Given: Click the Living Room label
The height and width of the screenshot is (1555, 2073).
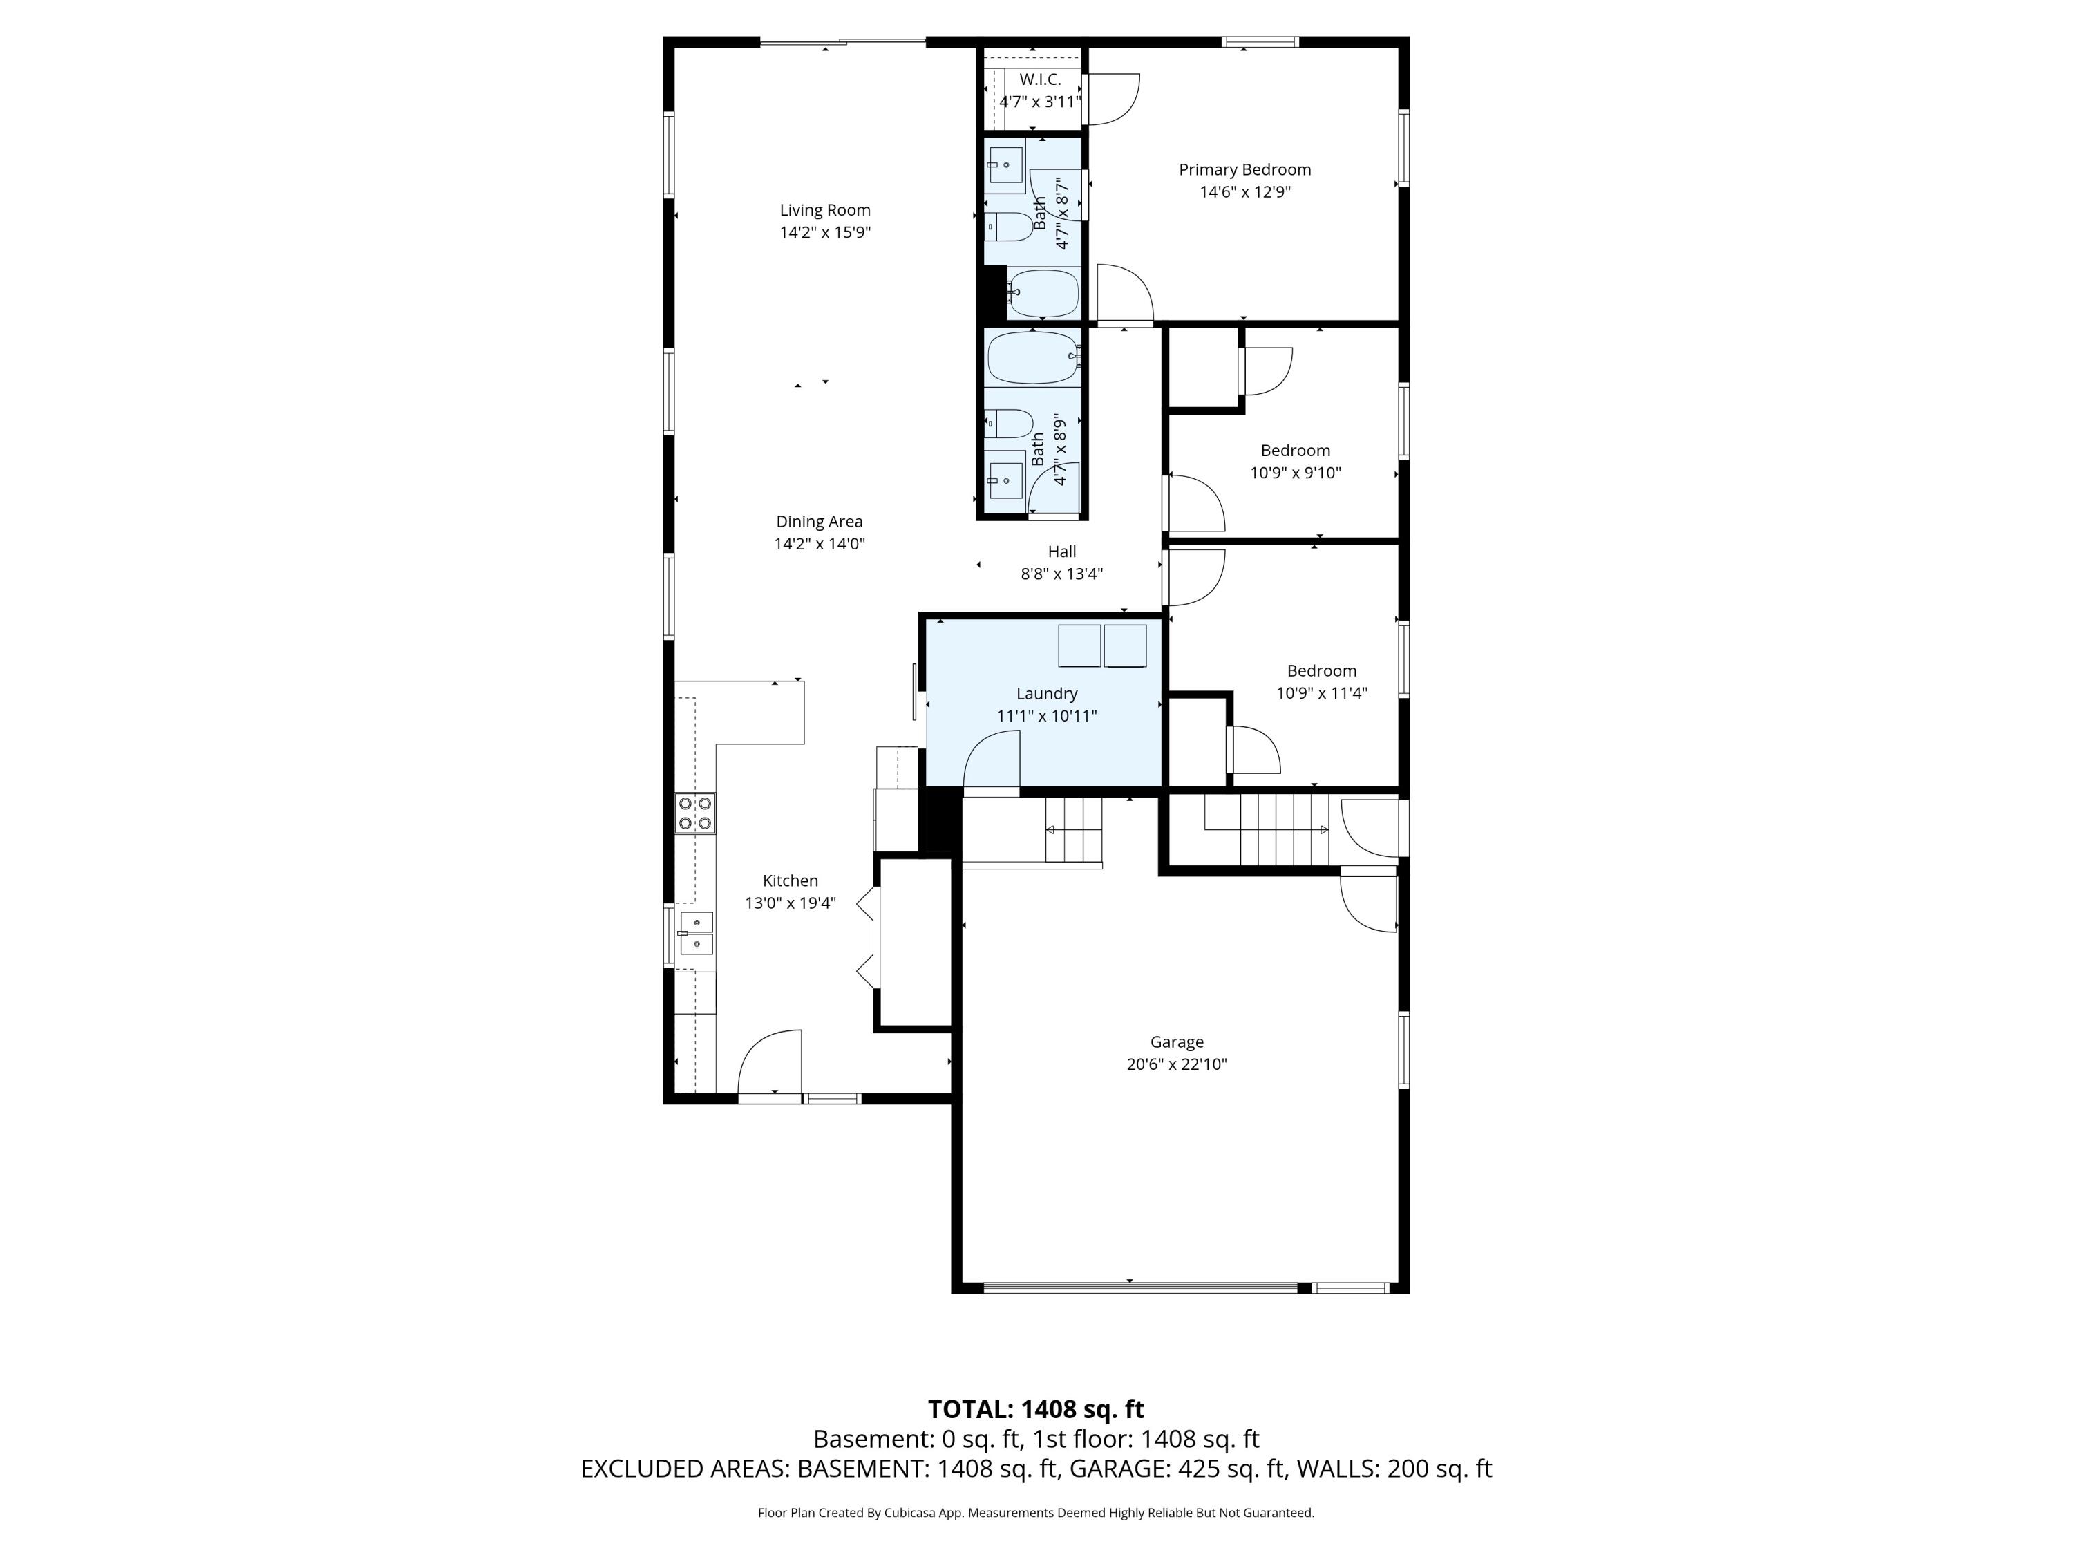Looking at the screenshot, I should [x=824, y=210].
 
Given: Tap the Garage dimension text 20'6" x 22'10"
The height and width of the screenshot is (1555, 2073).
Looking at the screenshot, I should [x=1176, y=1064].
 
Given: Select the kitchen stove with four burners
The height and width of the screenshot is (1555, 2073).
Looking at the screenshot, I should [x=695, y=813].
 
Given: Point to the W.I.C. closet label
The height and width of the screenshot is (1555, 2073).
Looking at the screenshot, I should [x=1039, y=79].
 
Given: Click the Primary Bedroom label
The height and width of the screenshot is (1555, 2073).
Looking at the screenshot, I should [x=1244, y=169].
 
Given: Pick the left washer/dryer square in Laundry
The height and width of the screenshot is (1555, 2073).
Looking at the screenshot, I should [x=1079, y=645].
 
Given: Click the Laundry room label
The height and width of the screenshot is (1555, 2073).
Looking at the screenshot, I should [x=1047, y=694].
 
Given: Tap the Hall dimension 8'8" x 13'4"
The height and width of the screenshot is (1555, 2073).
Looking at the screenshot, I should [x=1062, y=574].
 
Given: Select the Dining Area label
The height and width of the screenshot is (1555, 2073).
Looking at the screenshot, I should [x=819, y=522].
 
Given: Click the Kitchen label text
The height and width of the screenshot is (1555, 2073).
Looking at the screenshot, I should [x=790, y=881].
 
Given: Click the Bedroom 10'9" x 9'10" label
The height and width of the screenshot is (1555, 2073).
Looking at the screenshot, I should [x=1295, y=451].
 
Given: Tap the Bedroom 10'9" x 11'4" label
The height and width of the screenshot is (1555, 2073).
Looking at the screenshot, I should [x=1321, y=671].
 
